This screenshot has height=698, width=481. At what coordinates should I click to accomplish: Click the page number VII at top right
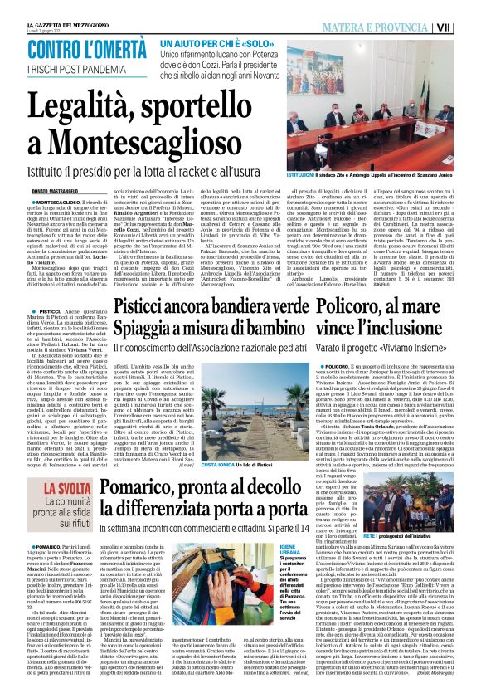[469, 27]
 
